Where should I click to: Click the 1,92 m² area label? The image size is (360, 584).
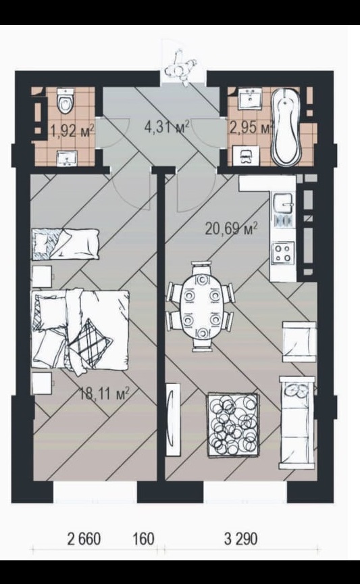72,131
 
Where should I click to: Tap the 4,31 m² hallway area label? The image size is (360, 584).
167,126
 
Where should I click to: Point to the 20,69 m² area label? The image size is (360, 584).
231,228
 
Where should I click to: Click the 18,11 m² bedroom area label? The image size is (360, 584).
105,393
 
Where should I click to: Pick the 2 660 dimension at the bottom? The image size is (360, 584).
84,539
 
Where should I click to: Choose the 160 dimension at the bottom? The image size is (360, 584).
143,539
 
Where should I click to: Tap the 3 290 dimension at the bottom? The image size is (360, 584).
240,539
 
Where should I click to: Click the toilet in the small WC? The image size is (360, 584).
65,100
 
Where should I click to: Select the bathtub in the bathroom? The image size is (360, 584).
286,126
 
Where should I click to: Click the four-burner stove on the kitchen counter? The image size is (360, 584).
282,253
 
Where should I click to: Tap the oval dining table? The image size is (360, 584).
202,306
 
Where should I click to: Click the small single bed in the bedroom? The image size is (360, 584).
66,244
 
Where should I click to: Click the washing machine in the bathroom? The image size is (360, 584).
246,155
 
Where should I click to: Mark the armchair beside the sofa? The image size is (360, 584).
299,341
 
